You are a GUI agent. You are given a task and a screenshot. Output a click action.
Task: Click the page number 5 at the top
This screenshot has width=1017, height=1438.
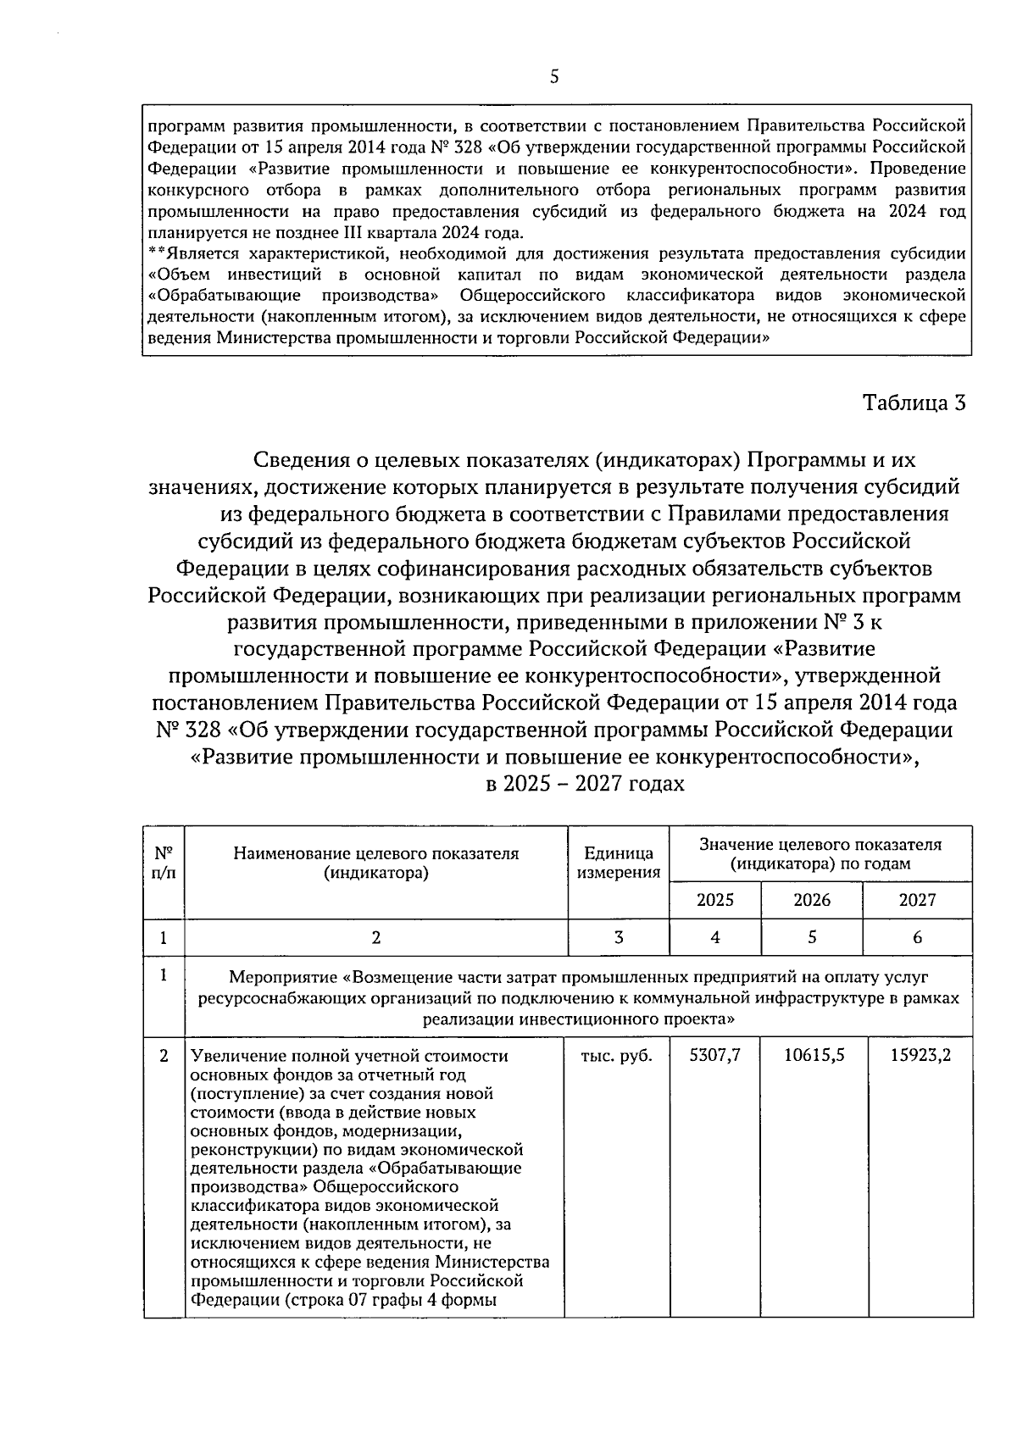[554, 77]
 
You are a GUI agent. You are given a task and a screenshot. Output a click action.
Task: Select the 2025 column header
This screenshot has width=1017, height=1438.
[715, 900]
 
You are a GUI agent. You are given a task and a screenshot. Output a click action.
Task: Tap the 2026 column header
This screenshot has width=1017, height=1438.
[812, 900]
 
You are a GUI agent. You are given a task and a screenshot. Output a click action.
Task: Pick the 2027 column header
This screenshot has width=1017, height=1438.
[917, 900]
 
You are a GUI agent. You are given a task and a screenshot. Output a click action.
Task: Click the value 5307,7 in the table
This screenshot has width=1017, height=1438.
[715, 1056]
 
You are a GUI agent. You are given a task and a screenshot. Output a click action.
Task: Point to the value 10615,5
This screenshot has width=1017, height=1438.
[812, 1056]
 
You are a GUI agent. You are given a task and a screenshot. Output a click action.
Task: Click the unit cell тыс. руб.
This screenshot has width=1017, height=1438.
[616, 1056]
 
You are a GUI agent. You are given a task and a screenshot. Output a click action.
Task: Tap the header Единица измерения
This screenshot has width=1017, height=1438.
[619, 863]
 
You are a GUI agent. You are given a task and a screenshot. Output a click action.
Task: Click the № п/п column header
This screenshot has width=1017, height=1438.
[164, 863]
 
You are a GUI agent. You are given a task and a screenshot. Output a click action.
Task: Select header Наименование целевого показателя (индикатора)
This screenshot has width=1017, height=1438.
[375, 863]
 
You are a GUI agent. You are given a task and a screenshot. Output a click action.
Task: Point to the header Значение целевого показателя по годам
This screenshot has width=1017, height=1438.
[820, 854]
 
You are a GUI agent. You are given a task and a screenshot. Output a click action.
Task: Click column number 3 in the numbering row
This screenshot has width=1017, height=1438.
[619, 937]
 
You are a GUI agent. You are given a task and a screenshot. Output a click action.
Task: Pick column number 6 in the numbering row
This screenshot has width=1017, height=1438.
[917, 937]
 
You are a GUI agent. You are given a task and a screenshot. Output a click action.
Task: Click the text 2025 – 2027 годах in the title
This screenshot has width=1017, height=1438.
[585, 784]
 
